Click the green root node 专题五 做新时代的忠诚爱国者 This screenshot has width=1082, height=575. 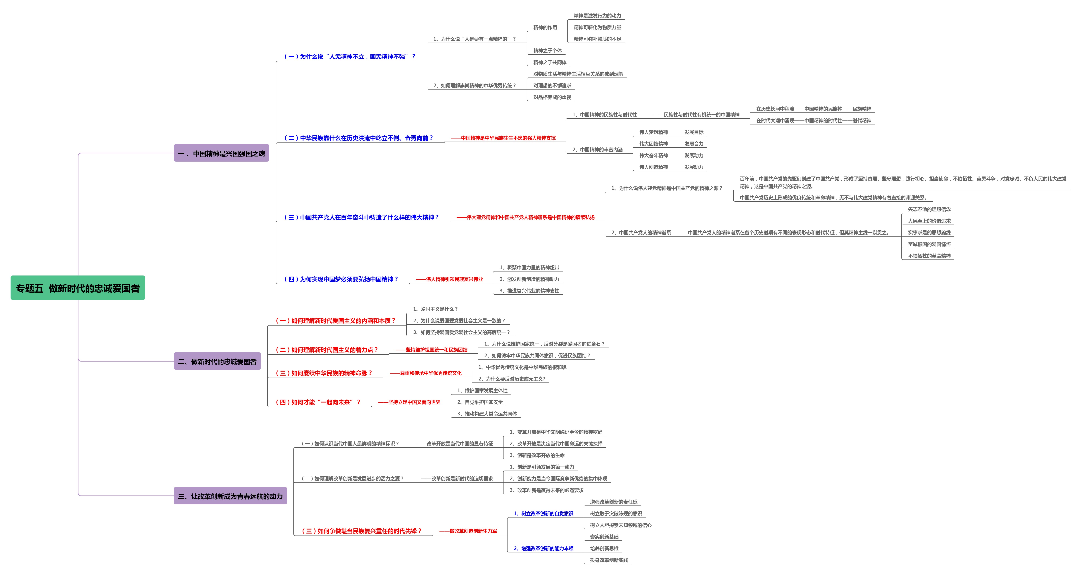click(78, 288)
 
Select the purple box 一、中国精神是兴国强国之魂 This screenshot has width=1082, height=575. click(221, 153)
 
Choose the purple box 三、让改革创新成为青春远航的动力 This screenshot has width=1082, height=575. click(230, 496)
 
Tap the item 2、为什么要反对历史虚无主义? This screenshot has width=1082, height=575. click(512, 379)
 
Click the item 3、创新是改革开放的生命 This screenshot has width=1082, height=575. click(537, 455)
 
